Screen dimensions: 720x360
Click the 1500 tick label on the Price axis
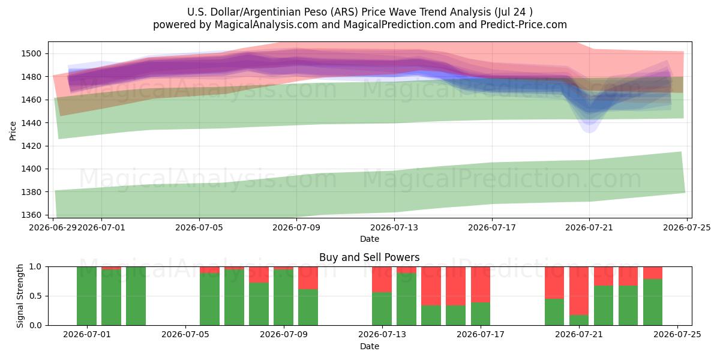click(x=31, y=53)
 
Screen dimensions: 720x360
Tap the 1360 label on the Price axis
click(x=31, y=215)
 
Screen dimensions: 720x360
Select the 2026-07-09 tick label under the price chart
click(x=296, y=227)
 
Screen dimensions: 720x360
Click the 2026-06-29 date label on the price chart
click(x=53, y=227)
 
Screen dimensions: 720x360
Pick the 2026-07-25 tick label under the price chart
click(x=687, y=227)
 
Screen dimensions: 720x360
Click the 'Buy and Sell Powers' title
click(x=370, y=257)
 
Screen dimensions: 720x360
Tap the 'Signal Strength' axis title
click(x=20, y=296)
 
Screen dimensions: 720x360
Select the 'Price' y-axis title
click(x=13, y=131)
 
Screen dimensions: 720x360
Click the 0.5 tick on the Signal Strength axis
click(x=35, y=296)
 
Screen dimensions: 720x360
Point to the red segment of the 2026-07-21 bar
click(x=579, y=291)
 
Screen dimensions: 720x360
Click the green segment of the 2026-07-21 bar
click(x=579, y=320)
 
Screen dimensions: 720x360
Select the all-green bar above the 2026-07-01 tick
click(x=86, y=296)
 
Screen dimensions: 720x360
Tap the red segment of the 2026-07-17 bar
click(x=481, y=284)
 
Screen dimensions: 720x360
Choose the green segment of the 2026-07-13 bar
click(x=382, y=309)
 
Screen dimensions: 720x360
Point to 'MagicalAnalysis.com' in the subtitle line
click(x=266, y=25)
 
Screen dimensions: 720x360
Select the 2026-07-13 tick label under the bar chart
click(x=382, y=334)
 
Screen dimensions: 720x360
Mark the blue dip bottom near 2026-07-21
click(x=589, y=132)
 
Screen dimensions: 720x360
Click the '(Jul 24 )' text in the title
click(x=514, y=12)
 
